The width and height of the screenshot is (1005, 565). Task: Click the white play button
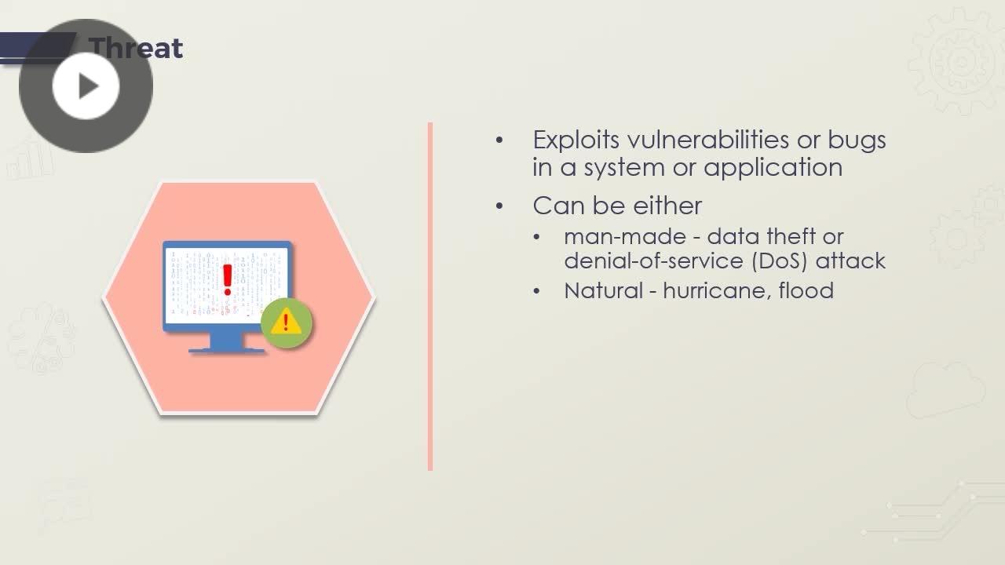coord(86,86)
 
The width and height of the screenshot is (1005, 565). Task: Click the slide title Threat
coord(136,48)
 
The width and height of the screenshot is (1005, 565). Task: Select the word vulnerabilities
coord(708,139)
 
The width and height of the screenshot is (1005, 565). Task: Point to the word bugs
coord(857,140)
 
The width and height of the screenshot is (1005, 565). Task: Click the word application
coord(773,169)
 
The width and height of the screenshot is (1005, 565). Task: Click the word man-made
coord(625,237)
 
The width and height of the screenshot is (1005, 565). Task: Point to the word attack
coord(850,261)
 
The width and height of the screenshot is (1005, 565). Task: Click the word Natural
coord(604,290)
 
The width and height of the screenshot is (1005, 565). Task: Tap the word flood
coord(806,290)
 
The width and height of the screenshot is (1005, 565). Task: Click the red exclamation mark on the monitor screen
coord(228,280)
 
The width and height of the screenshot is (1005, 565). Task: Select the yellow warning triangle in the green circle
coord(287,321)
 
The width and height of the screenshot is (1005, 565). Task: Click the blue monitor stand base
coord(227,350)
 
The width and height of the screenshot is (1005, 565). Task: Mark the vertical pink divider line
coord(430,297)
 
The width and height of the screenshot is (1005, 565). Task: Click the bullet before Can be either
coord(500,206)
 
